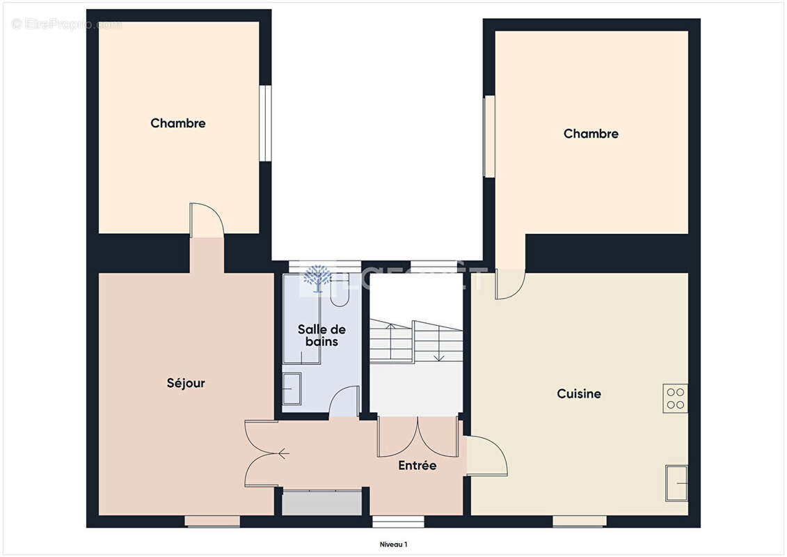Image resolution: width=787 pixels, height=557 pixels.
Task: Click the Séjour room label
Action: pyautogui.click(x=186, y=383)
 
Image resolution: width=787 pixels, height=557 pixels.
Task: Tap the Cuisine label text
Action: pyautogui.click(x=579, y=394)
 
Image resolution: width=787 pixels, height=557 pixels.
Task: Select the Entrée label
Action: pyautogui.click(x=418, y=465)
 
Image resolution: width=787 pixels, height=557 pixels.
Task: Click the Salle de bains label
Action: pyautogui.click(x=321, y=335)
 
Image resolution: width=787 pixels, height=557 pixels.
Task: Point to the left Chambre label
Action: pyautogui.click(x=178, y=123)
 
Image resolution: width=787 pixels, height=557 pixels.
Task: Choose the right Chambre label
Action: pyautogui.click(x=591, y=134)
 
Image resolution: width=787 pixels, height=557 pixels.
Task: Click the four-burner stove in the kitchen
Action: pyautogui.click(x=675, y=398)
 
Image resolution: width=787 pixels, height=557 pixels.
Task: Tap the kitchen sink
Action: pyautogui.click(x=676, y=482)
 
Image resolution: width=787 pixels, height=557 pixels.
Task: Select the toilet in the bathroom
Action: pyautogui.click(x=340, y=292)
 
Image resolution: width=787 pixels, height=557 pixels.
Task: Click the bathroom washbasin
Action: pyautogui.click(x=292, y=389)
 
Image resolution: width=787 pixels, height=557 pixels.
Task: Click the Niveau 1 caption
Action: pyautogui.click(x=393, y=544)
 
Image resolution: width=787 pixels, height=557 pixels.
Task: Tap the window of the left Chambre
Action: pyautogui.click(x=265, y=123)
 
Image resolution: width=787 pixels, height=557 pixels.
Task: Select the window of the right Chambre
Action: pyautogui.click(x=489, y=136)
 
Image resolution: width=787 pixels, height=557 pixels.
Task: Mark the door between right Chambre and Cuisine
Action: pyautogui.click(x=510, y=284)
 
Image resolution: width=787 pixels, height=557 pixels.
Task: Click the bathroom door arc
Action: pyautogui.click(x=344, y=402)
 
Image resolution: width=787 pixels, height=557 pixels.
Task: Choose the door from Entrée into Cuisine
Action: pyautogui.click(x=486, y=456)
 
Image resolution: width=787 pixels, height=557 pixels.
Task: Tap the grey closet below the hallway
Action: pyautogui.click(x=322, y=503)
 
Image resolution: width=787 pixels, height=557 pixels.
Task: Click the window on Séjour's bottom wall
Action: pyautogui.click(x=212, y=521)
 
